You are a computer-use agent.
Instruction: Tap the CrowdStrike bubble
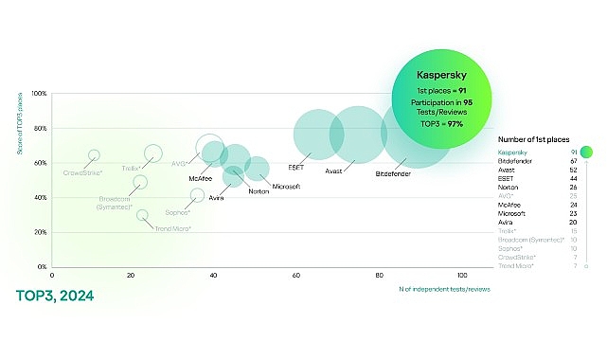(94, 155)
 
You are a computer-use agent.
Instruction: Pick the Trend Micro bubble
(143, 215)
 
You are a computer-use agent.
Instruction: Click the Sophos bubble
(197, 195)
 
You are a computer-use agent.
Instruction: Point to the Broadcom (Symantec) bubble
(140, 182)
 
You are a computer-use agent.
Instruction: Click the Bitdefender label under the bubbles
(393, 175)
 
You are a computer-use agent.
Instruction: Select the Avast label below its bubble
(333, 171)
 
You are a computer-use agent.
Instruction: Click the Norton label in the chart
(258, 191)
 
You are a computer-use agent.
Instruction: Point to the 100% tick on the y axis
(39, 94)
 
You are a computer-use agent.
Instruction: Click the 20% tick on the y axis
(41, 232)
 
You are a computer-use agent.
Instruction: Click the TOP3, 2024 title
(55, 296)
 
